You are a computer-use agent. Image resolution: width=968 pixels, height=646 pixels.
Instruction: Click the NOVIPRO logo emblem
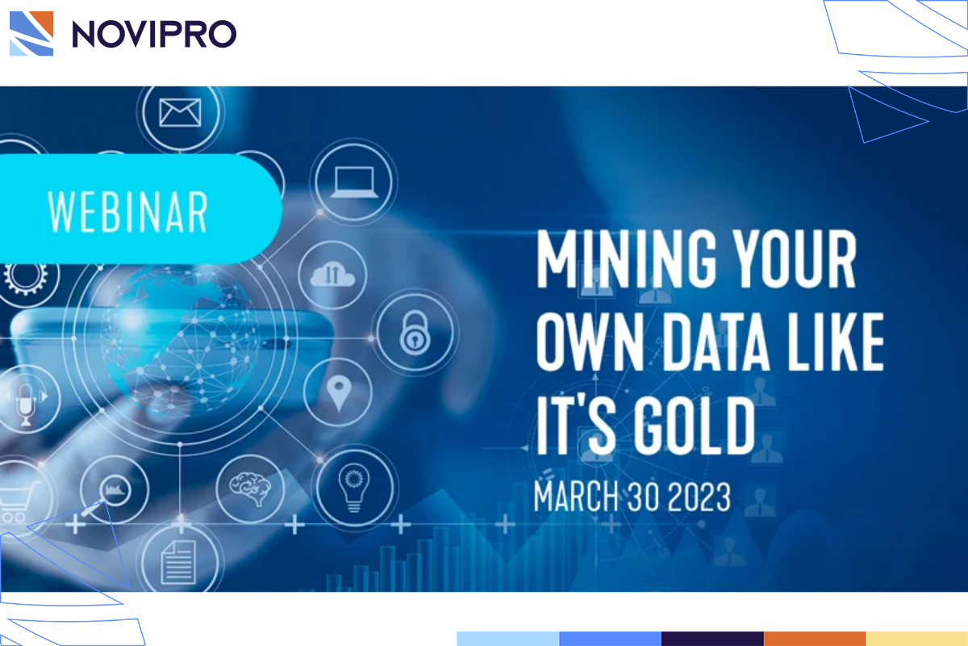[x=31, y=33]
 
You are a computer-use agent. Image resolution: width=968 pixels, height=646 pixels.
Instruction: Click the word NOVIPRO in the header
[x=154, y=34]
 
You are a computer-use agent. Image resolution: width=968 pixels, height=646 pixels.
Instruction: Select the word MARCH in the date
[x=575, y=496]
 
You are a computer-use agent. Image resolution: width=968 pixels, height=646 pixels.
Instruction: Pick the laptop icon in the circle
[x=353, y=182]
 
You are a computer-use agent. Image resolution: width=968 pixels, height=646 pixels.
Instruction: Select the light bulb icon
[x=353, y=485]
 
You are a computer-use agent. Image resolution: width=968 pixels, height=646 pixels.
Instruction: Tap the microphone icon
[x=23, y=401]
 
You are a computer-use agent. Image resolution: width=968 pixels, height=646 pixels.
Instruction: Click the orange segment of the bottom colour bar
[x=814, y=639]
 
